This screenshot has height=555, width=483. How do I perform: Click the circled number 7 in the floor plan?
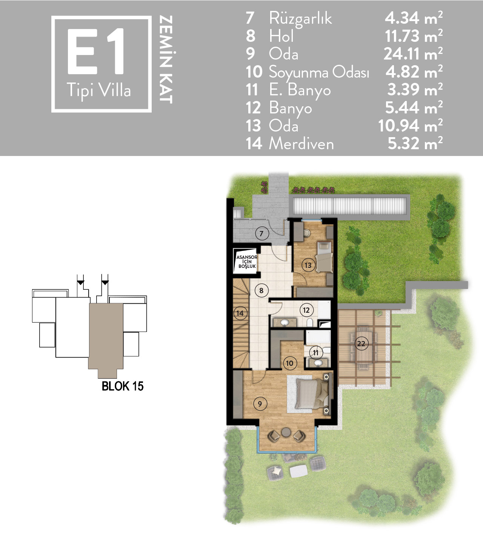click(261, 234)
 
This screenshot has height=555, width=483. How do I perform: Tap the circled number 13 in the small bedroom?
click(308, 265)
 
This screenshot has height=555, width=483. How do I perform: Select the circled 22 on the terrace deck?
click(361, 344)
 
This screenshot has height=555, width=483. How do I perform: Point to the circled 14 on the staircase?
click(240, 313)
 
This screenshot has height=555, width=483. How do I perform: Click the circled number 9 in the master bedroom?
click(260, 404)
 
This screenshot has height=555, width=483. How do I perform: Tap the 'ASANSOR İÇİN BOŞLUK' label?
click(247, 262)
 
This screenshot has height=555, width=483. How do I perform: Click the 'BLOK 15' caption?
click(123, 386)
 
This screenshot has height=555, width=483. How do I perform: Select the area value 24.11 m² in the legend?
click(413, 54)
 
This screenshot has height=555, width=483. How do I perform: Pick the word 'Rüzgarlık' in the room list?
click(300, 19)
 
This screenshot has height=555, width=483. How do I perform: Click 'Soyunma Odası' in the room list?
click(319, 73)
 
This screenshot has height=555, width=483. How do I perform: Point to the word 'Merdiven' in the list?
click(301, 144)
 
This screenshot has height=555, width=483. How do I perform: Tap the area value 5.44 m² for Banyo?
click(414, 107)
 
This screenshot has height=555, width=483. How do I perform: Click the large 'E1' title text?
click(95, 51)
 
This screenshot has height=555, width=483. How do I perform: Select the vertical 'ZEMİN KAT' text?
click(166, 60)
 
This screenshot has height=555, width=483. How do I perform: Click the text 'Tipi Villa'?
click(99, 90)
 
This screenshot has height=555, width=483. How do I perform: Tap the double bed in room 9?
click(313, 394)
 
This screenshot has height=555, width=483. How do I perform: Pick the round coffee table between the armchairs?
click(286, 432)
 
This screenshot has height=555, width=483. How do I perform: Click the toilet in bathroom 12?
click(310, 323)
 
